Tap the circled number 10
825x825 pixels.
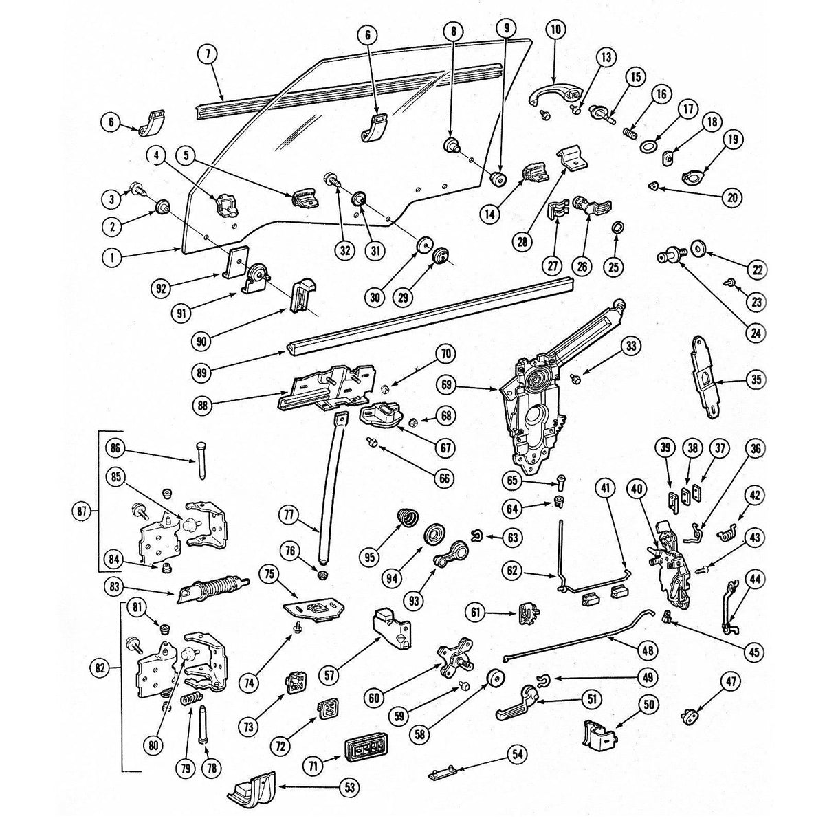[x=555, y=30]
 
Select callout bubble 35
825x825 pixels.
[x=756, y=380]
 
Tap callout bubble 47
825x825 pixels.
[x=730, y=681]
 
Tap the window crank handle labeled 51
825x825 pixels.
[x=514, y=704]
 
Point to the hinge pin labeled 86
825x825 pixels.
[x=198, y=464]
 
